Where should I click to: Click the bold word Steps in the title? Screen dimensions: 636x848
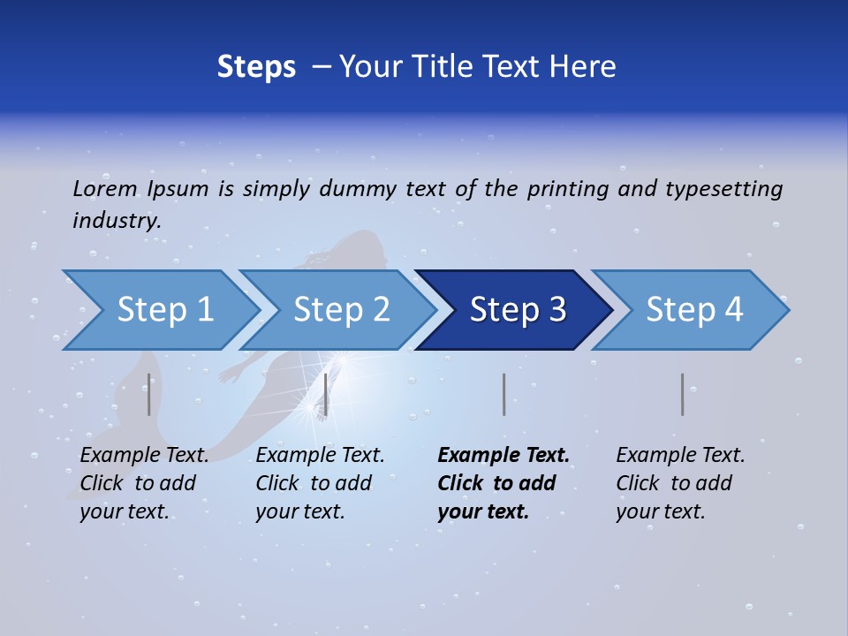click(256, 67)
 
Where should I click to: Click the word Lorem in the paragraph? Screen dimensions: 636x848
click(105, 188)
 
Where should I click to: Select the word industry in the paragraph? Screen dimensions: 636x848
click(117, 220)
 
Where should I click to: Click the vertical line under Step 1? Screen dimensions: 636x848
click(149, 394)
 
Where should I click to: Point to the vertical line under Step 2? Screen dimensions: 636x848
click(326, 394)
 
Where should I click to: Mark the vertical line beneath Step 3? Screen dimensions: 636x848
click(503, 394)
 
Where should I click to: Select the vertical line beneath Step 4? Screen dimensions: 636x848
click(682, 394)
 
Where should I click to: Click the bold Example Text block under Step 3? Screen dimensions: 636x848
click(503, 483)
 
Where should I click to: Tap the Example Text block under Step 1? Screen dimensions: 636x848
click(144, 483)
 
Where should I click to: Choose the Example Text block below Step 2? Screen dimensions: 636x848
click(320, 483)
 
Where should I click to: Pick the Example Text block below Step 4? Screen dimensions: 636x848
click(680, 483)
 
